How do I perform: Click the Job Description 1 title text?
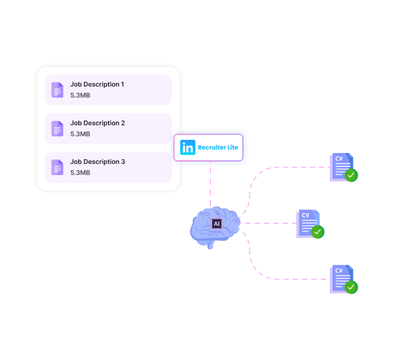97,84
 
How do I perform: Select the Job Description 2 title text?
98,123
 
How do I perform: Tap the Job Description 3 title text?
98,161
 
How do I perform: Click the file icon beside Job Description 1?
58,90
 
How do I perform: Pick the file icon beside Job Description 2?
58,129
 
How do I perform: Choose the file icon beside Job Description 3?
58,167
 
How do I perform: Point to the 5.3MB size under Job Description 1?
80,96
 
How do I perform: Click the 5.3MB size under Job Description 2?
80,134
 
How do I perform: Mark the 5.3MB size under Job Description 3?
80,172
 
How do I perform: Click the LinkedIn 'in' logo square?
188,147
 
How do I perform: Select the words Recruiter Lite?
218,147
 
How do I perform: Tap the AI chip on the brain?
217,224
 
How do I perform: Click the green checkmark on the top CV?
351,175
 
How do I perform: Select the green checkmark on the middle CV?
317,232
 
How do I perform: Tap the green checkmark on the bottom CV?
351,287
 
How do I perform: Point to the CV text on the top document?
339,159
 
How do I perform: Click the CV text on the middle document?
306,215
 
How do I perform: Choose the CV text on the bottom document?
339,271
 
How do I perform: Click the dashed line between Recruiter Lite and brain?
211,184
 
